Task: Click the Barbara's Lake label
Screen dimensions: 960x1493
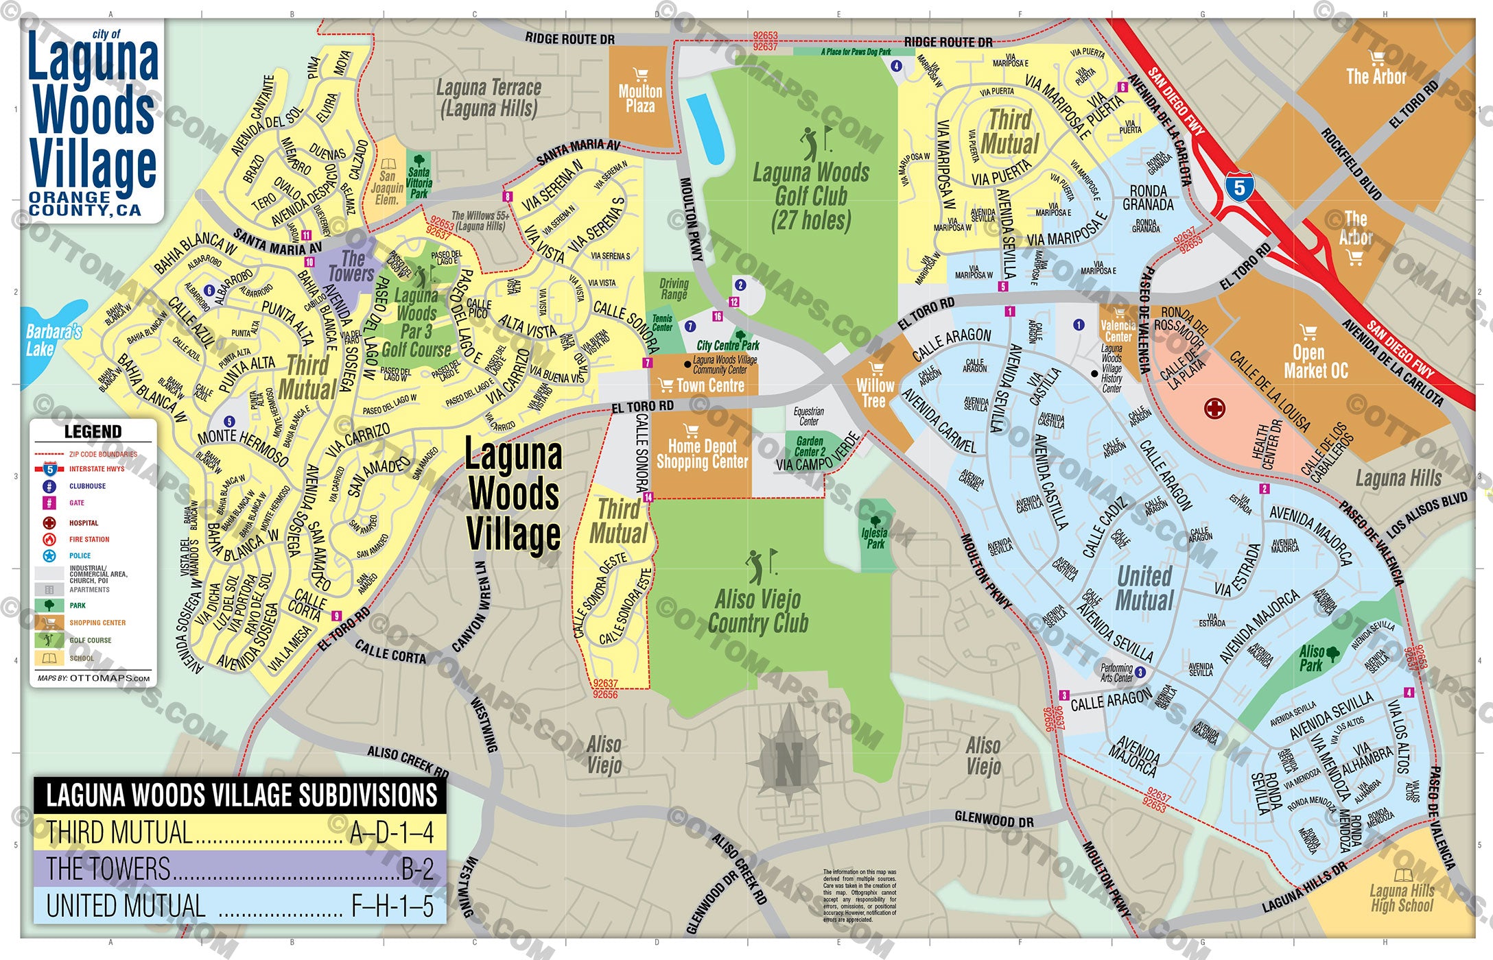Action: pos(54,340)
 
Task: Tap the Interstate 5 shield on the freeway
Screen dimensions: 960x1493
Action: pos(1239,187)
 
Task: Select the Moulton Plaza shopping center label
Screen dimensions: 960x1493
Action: pos(639,98)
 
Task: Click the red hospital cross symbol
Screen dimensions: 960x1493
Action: pos(1214,409)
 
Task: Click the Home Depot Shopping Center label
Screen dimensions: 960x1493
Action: pos(702,454)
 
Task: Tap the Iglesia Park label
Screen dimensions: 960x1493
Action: pos(875,538)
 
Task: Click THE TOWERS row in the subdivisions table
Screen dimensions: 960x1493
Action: pos(239,869)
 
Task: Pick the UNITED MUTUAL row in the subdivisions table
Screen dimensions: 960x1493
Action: pos(239,906)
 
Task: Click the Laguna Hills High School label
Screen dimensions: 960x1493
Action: pos(1402,898)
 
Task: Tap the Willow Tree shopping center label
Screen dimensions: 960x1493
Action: pos(874,393)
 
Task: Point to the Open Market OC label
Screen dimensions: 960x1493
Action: pos(1315,361)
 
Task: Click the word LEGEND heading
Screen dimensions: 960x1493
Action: pos(93,431)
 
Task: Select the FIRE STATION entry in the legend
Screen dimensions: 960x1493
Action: pos(89,540)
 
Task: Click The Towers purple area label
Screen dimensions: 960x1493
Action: pos(351,267)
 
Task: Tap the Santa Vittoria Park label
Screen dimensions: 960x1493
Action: pos(419,182)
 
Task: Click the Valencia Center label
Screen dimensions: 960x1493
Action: pos(1118,331)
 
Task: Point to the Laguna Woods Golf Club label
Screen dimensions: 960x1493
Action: pos(810,196)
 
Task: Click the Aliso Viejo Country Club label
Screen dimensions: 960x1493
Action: pos(757,611)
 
